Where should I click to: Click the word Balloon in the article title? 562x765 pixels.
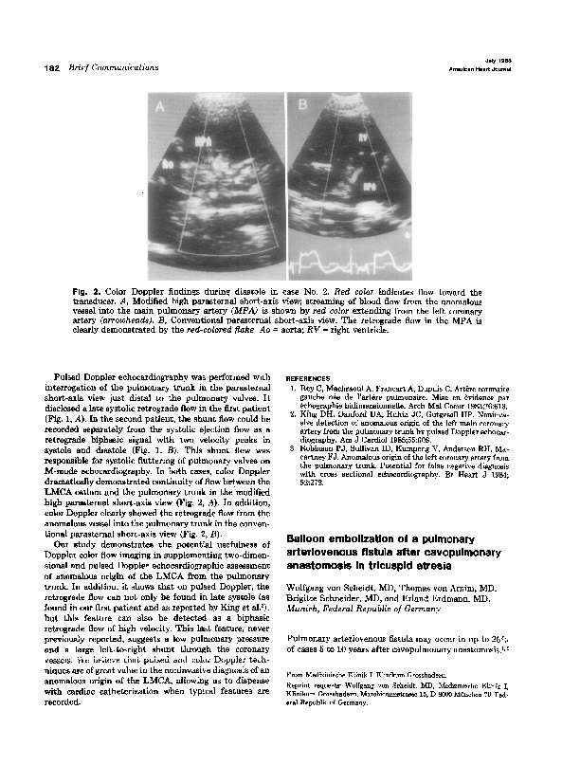point(311,540)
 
